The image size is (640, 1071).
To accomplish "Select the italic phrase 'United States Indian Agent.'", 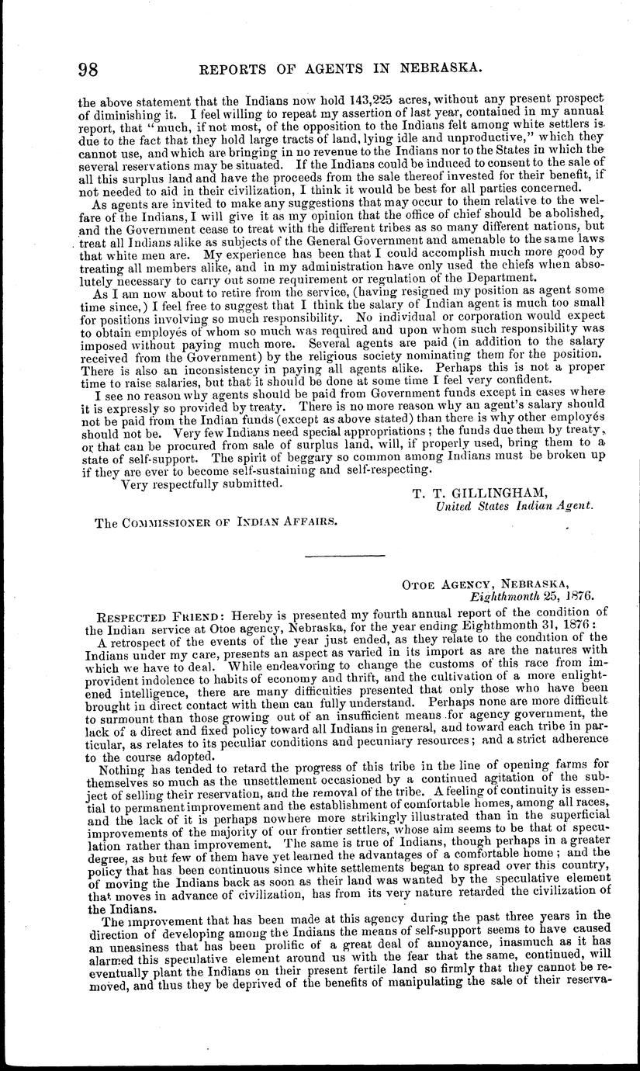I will pyautogui.click(x=515, y=506).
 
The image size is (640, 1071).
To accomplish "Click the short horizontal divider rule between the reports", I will pyautogui.click(x=345, y=556).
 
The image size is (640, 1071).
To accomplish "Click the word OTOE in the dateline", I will pyautogui.click(x=420, y=582).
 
